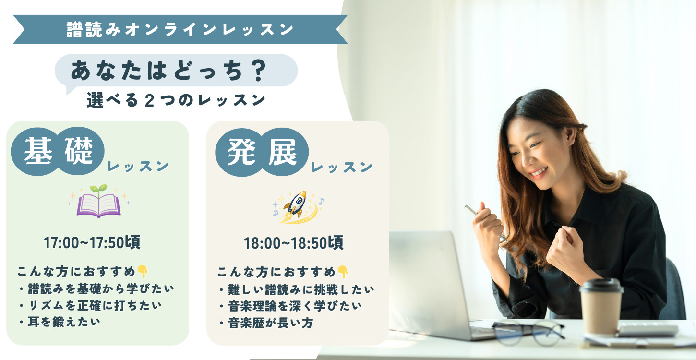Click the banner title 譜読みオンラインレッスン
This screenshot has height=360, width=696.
coord(180,29)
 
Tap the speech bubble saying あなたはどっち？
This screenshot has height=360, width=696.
coord(176,71)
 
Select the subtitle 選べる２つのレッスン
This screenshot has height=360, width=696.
coord(176,100)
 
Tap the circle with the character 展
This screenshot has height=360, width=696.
coord(284,152)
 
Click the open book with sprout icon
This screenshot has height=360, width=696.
coord(99,201)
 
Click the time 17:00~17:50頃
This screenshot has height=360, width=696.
coord(92,242)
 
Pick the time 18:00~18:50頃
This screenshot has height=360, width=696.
coord(293,243)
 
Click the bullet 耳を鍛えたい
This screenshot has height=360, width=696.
coord(60,322)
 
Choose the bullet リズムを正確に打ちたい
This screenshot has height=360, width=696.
coord(91,306)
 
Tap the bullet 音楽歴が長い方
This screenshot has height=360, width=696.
coord(266,323)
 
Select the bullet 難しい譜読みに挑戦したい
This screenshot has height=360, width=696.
coord(297,290)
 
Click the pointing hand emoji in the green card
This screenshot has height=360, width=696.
coord(143,272)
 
